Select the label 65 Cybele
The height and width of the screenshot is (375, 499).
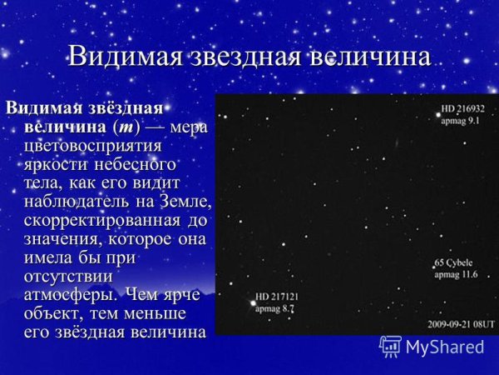click(x=455, y=263)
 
